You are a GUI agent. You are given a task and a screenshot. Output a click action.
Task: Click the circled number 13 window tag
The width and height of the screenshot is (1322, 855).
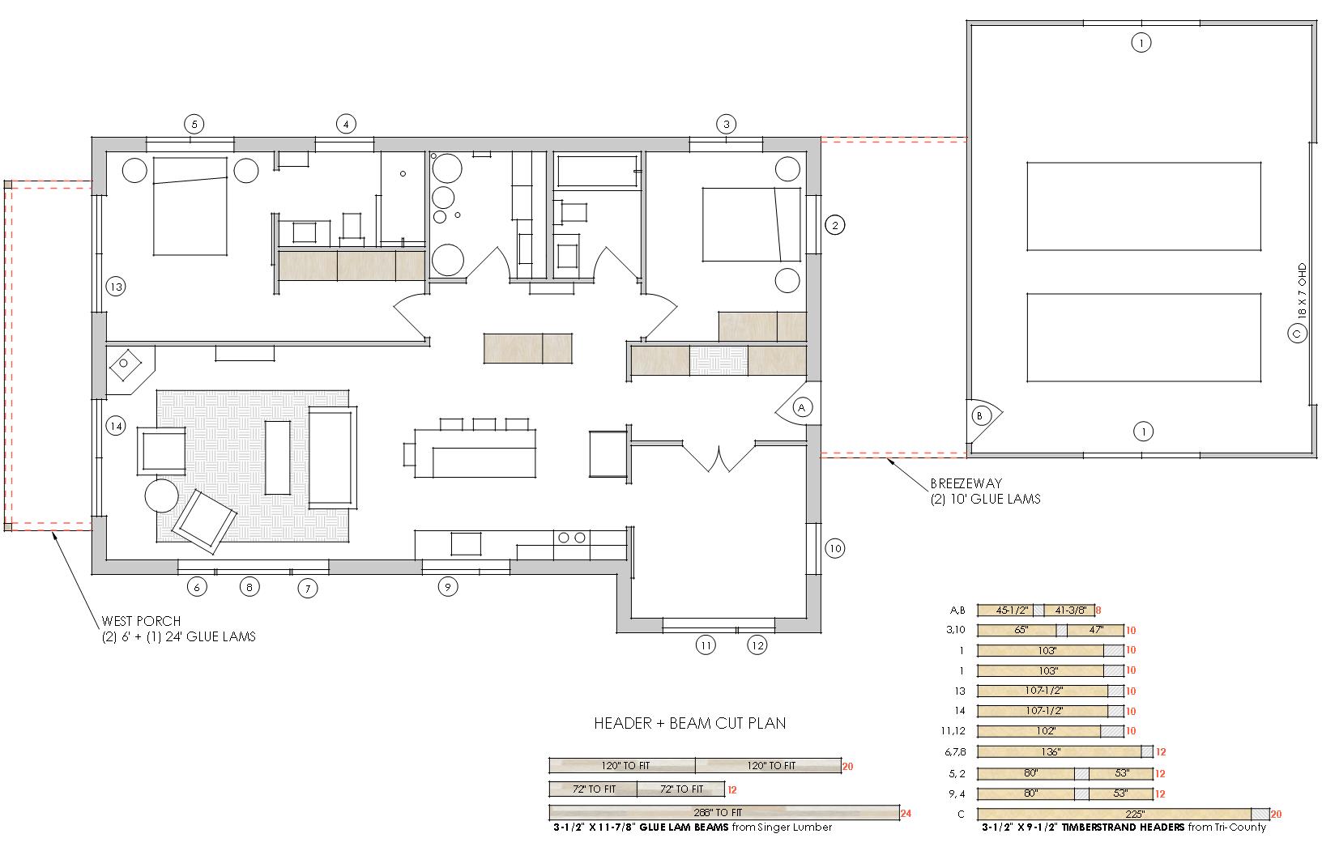(x=116, y=287)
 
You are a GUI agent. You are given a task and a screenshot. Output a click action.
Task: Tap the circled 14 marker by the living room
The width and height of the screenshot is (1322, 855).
(x=116, y=425)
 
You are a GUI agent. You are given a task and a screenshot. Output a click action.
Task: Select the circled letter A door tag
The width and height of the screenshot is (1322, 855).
(x=801, y=407)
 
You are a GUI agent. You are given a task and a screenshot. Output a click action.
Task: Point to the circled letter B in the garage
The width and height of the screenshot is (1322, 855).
(x=979, y=416)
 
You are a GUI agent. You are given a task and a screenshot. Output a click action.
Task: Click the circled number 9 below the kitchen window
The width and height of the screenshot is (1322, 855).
(x=448, y=586)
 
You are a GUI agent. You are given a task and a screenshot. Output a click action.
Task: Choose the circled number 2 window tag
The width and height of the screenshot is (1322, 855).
(x=834, y=225)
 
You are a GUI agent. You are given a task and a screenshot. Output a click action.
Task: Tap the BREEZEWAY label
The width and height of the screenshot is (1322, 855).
(x=966, y=483)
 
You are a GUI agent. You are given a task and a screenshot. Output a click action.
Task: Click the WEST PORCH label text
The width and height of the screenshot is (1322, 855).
(x=141, y=621)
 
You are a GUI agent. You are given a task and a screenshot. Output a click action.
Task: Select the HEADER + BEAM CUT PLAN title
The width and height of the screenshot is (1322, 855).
(x=690, y=723)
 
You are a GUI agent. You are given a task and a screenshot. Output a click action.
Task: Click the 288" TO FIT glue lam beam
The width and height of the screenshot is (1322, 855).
(x=724, y=813)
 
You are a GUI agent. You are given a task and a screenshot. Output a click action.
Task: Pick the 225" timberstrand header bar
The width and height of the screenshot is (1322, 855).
(x=1123, y=814)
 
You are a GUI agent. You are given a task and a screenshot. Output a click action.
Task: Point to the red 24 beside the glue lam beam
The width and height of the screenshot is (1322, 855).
(x=906, y=814)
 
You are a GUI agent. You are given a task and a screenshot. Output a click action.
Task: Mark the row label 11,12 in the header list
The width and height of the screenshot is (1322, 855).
(x=953, y=731)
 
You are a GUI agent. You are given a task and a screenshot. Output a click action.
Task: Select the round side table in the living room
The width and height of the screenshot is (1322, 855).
(x=162, y=496)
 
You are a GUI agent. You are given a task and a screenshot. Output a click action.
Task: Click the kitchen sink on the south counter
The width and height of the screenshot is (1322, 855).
(x=467, y=543)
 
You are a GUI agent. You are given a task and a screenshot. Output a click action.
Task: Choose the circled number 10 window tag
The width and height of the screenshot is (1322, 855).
(x=834, y=548)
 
